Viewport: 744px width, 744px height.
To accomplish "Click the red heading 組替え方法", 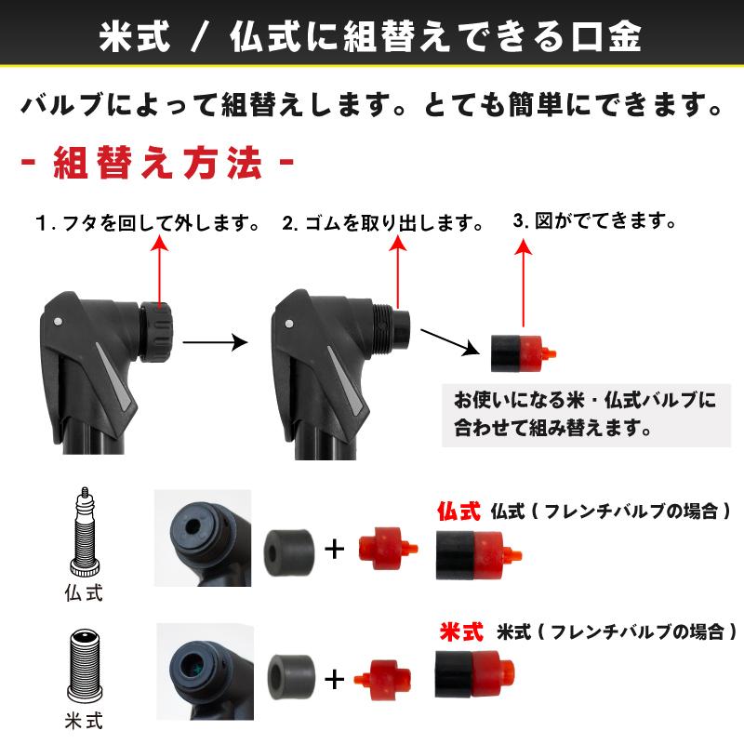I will click(158, 166).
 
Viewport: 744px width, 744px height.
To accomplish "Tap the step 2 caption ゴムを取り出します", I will click(383, 225).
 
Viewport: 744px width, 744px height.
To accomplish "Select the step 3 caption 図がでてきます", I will click(593, 221).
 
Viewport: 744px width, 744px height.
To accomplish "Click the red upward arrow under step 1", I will click(159, 270).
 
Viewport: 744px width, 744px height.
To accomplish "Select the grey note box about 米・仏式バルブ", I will click(586, 415).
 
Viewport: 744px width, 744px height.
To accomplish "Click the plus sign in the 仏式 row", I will click(334, 549).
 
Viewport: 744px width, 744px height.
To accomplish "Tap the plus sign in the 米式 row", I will click(334, 678).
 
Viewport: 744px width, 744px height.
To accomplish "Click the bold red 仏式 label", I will click(458, 511).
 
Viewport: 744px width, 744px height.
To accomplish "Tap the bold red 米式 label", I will click(461, 632).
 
